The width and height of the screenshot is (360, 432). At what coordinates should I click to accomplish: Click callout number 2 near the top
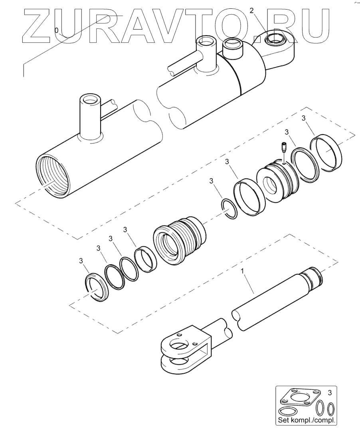251,10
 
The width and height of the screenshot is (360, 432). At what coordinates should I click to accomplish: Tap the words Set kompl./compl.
306,420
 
